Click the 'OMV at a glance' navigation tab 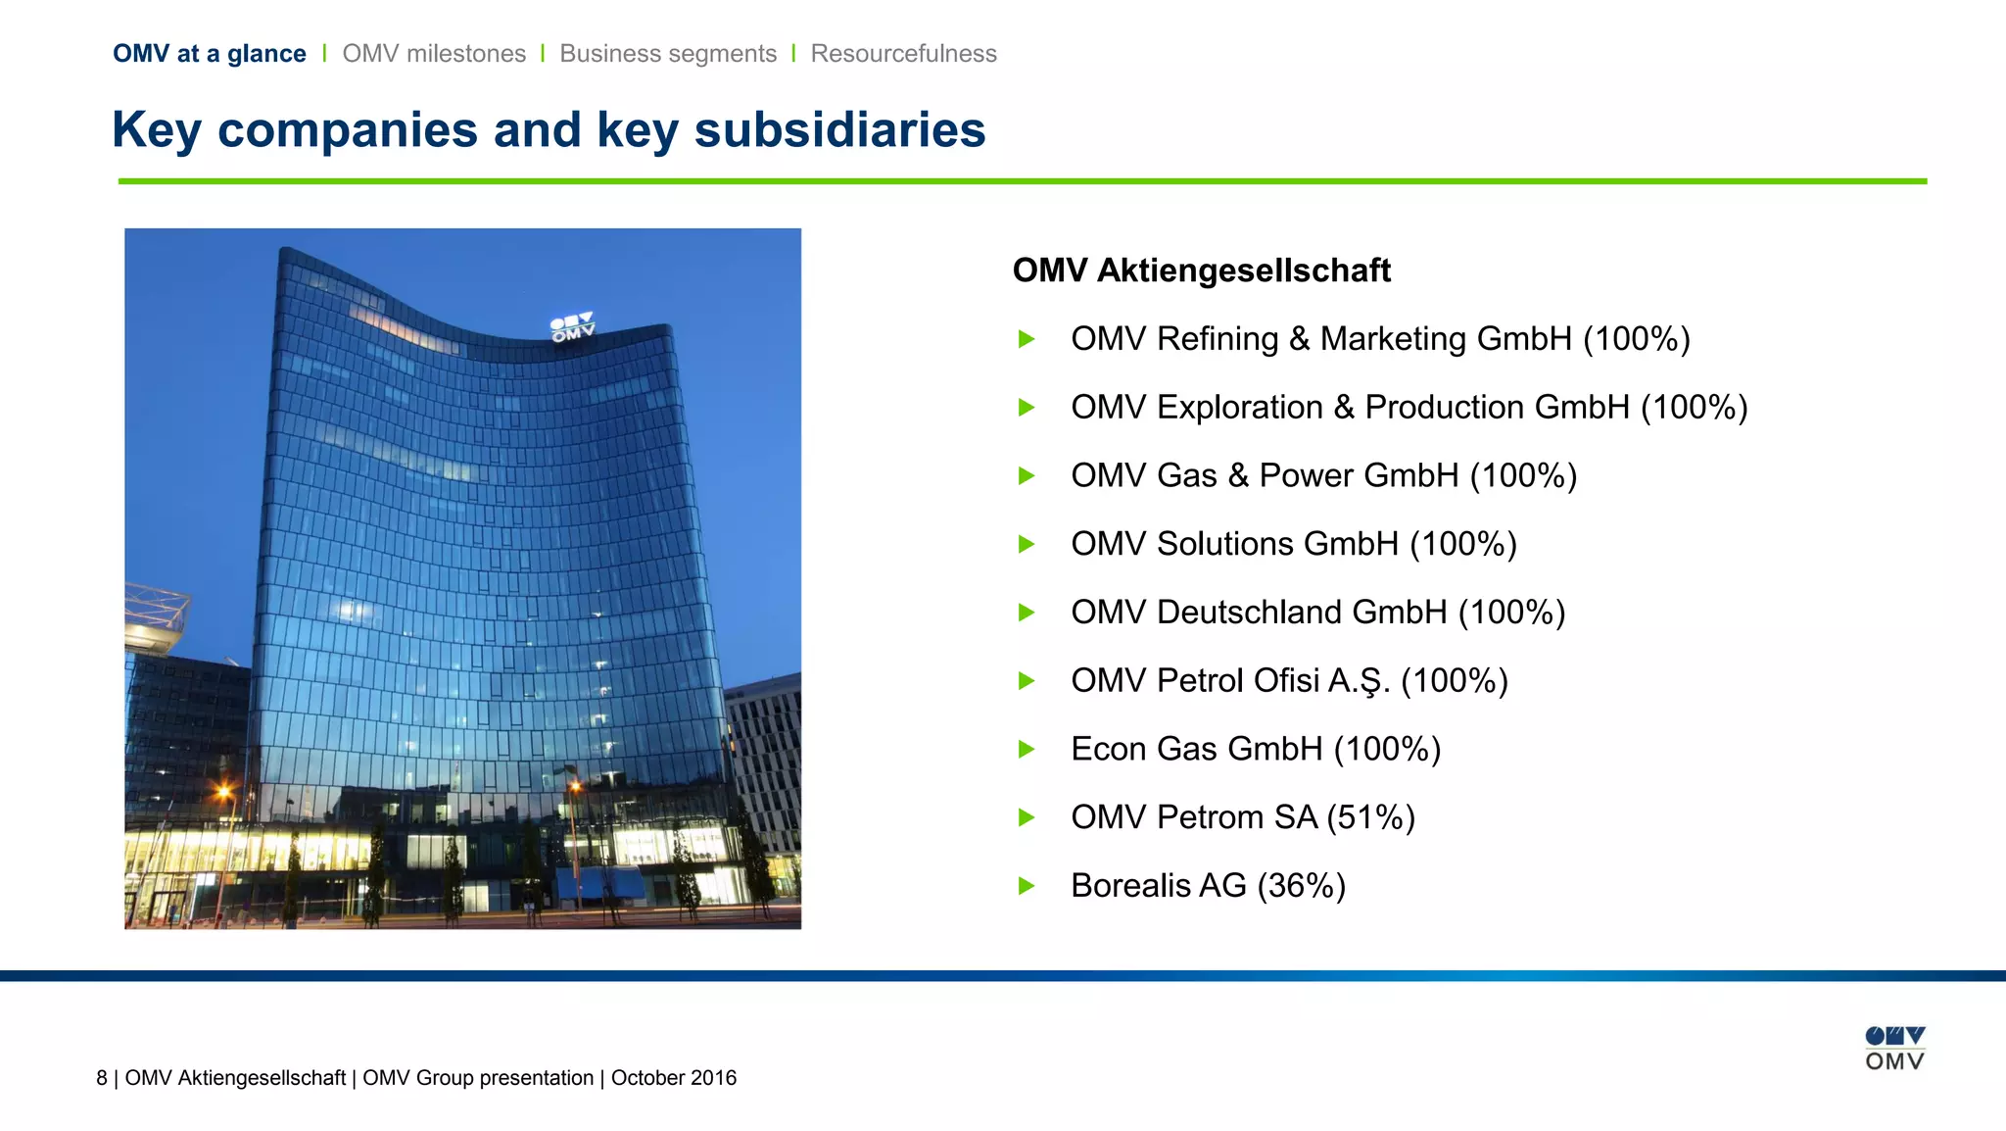tap(209, 54)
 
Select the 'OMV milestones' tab tap(434, 54)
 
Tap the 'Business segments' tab tap(668, 54)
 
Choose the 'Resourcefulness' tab tap(903, 54)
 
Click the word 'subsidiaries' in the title tap(839, 130)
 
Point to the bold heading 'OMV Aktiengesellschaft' tap(1201, 270)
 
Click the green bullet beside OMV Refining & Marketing tap(1027, 339)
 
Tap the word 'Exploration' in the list tap(1239, 408)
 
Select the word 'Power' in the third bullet tap(1306, 475)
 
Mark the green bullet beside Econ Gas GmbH tap(1027, 750)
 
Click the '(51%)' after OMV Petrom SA tap(1370, 817)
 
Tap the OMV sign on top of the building tap(572, 327)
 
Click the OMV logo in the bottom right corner tap(1894, 1049)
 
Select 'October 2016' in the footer tap(674, 1078)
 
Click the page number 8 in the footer tap(102, 1078)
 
